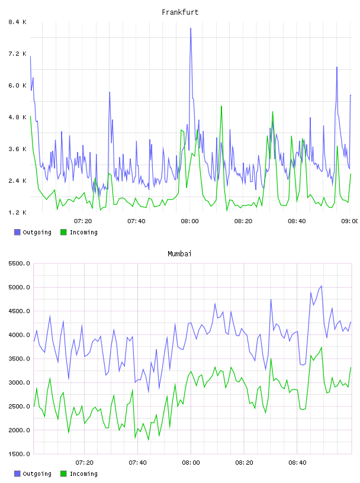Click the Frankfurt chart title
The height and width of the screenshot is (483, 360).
pyautogui.click(x=180, y=12)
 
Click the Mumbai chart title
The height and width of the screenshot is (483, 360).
pyautogui.click(x=179, y=254)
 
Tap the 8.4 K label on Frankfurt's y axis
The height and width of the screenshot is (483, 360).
pyautogui.click(x=18, y=22)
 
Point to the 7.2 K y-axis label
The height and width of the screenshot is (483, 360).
pyautogui.click(x=18, y=54)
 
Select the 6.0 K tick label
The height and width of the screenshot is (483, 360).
pyautogui.click(x=18, y=85)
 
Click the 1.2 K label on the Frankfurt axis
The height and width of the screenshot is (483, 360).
pyautogui.click(x=18, y=212)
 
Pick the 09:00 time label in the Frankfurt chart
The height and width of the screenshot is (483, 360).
pyautogui.click(x=350, y=221)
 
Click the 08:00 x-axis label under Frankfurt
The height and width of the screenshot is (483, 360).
pyautogui.click(x=190, y=221)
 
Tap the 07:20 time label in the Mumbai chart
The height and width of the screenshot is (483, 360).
pyautogui.click(x=85, y=462)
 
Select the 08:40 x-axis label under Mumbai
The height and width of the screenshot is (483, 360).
pyautogui.click(x=297, y=462)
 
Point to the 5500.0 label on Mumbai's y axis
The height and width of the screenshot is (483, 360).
pyautogui.click(x=20, y=263)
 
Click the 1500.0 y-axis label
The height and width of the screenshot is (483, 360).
pyautogui.click(x=20, y=454)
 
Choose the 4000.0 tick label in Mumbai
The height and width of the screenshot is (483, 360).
pyautogui.click(x=20, y=335)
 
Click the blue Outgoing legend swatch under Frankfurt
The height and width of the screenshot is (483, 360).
pyautogui.click(x=17, y=232)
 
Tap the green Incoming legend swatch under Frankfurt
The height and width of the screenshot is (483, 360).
pyautogui.click(x=63, y=232)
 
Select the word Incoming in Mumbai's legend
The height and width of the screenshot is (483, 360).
pyautogui.click(x=83, y=474)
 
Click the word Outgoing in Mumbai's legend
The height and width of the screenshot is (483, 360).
pyautogui.click(x=37, y=474)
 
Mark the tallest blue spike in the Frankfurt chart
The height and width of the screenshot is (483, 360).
pyautogui.click(x=191, y=28)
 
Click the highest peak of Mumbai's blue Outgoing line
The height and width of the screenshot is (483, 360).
pyautogui.click(x=322, y=286)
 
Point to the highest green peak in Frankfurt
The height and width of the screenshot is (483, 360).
pyautogui.click(x=221, y=107)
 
